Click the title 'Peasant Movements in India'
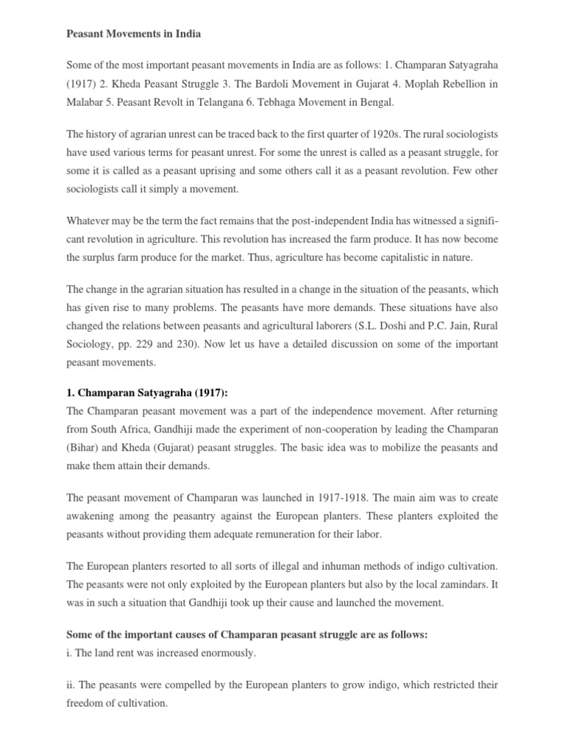[x=134, y=34]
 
